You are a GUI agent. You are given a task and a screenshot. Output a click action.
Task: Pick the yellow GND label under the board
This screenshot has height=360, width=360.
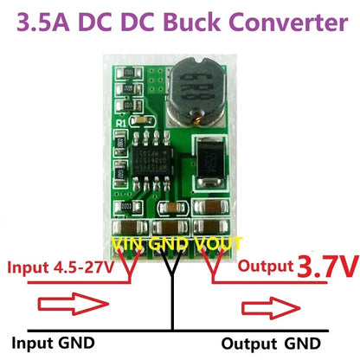click(172, 245)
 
